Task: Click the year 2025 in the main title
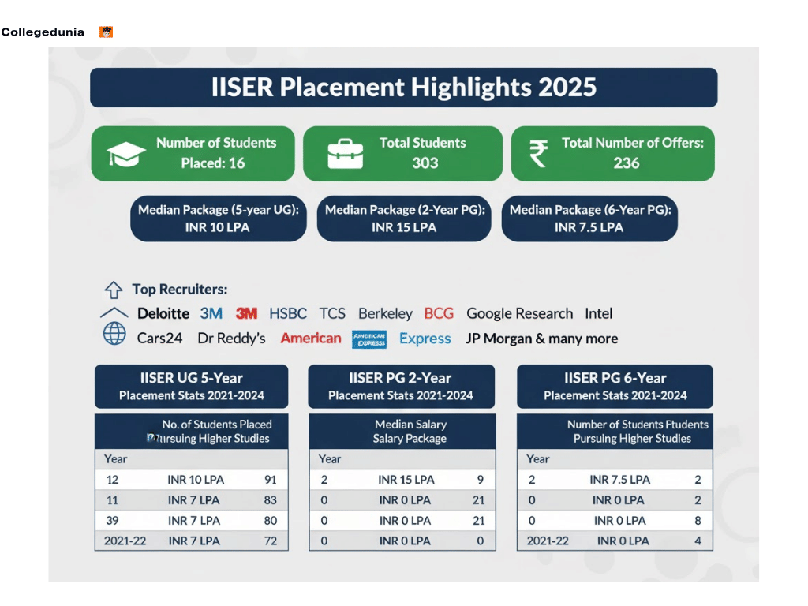[x=567, y=87]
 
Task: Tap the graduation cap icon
[x=126, y=153]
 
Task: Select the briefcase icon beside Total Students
[x=345, y=154]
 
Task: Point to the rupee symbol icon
[x=538, y=153]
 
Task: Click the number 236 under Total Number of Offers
[x=627, y=163]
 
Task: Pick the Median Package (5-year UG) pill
[x=219, y=219]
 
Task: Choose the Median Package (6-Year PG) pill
[x=589, y=219]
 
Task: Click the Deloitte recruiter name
[x=163, y=314]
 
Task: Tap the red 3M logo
[x=247, y=314]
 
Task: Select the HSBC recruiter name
[x=288, y=314]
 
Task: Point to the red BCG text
[x=439, y=314]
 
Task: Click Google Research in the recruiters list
[x=519, y=314]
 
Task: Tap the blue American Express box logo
[x=369, y=339]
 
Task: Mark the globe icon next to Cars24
[x=114, y=335]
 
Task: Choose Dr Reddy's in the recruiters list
[x=231, y=339]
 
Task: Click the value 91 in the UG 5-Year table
[x=271, y=480]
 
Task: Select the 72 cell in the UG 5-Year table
[x=271, y=541]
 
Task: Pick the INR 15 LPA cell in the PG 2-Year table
[x=406, y=480]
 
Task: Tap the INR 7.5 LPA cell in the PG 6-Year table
[x=619, y=480]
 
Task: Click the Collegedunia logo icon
[x=107, y=32]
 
